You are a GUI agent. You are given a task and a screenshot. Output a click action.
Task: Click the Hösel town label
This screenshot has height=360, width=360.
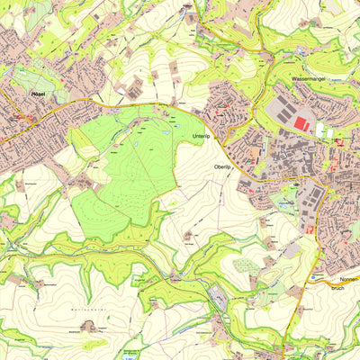click(38, 94)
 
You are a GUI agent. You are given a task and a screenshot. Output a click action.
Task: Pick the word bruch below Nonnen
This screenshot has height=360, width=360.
click(338, 288)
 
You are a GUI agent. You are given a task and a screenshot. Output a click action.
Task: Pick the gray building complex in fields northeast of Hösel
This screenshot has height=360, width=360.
click(135, 87)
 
